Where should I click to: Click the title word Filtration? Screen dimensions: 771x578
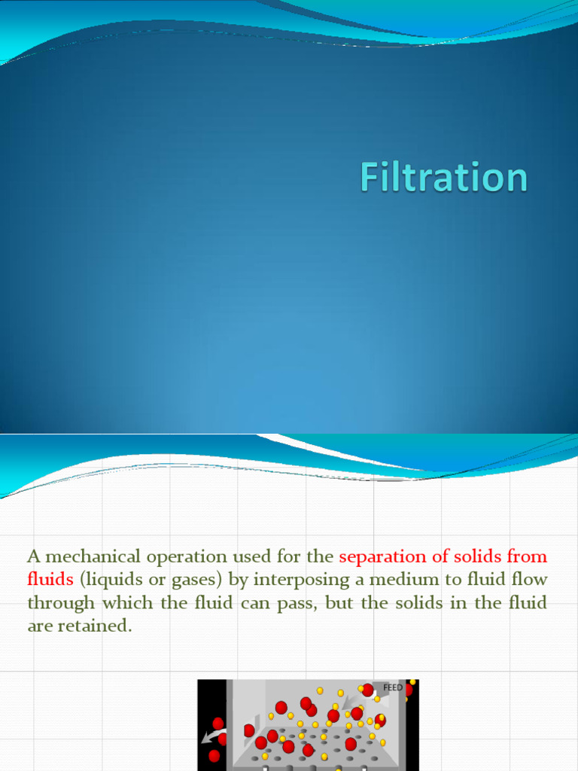coord(443,178)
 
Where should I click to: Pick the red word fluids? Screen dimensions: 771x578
coord(50,580)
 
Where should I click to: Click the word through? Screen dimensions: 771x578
coord(61,602)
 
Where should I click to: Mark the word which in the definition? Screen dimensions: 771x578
coord(126,602)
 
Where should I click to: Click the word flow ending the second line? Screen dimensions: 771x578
coord(528,580)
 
